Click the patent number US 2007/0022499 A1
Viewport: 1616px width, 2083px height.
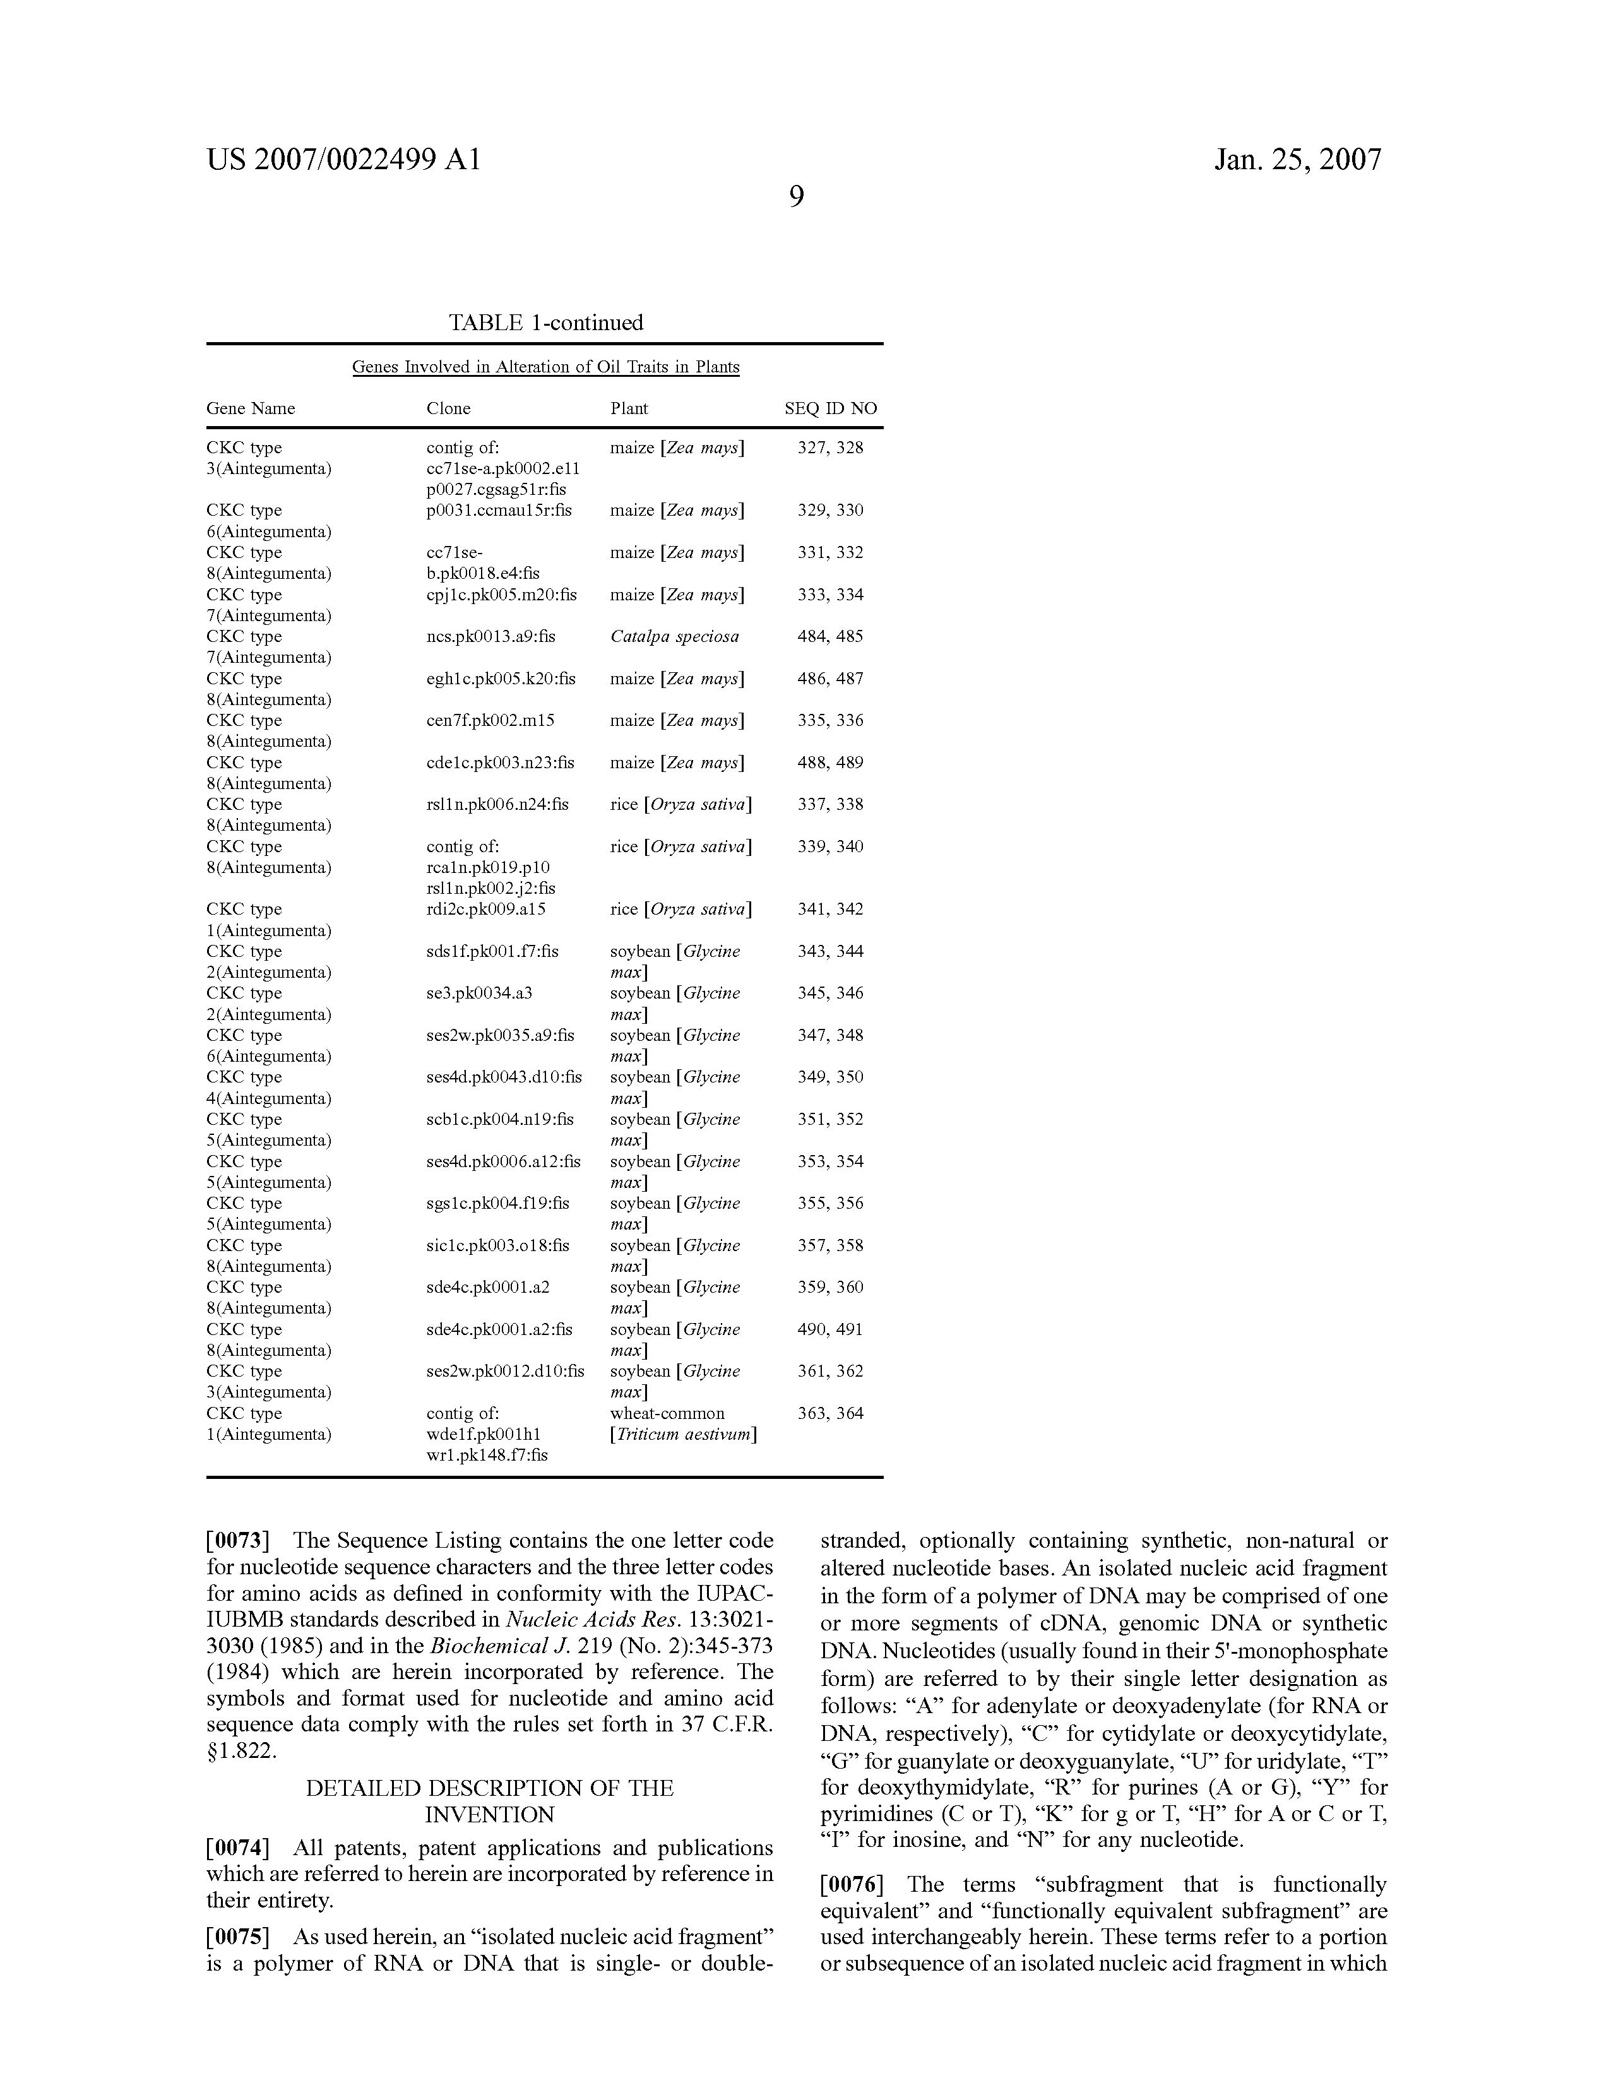343,159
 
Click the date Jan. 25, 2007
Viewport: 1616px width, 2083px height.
1297,159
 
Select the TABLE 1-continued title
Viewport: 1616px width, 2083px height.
545,323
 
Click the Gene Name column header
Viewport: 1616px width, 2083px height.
251,408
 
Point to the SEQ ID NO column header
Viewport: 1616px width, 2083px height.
830,408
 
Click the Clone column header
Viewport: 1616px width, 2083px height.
448,408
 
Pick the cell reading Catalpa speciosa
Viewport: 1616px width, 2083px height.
674,636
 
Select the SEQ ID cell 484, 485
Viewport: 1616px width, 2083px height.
830,636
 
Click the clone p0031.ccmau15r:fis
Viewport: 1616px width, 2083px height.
499,510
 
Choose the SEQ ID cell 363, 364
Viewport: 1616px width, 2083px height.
830,1413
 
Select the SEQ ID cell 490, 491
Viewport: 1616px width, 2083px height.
830,1329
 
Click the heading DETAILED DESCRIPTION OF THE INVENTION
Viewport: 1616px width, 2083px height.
489,1801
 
